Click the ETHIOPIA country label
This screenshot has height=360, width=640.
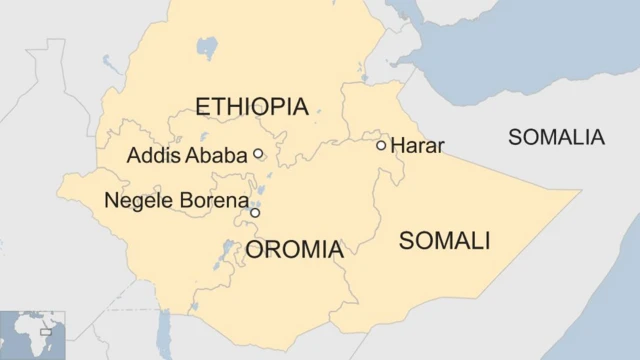(251, 107)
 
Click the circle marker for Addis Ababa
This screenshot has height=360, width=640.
(258, 154)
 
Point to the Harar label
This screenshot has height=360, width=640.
(417, 146)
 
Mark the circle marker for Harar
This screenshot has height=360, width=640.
(381, 146)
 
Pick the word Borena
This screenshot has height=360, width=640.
(212, 200)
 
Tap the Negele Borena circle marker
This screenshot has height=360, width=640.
(255, 213)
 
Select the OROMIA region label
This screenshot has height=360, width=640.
(294, 250)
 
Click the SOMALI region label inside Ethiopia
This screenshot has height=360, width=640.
(444, 240)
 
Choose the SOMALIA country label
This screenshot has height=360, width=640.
(557, 138)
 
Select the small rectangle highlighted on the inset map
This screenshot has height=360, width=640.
(46, 326)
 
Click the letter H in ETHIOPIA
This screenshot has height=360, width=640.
(233, 107)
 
